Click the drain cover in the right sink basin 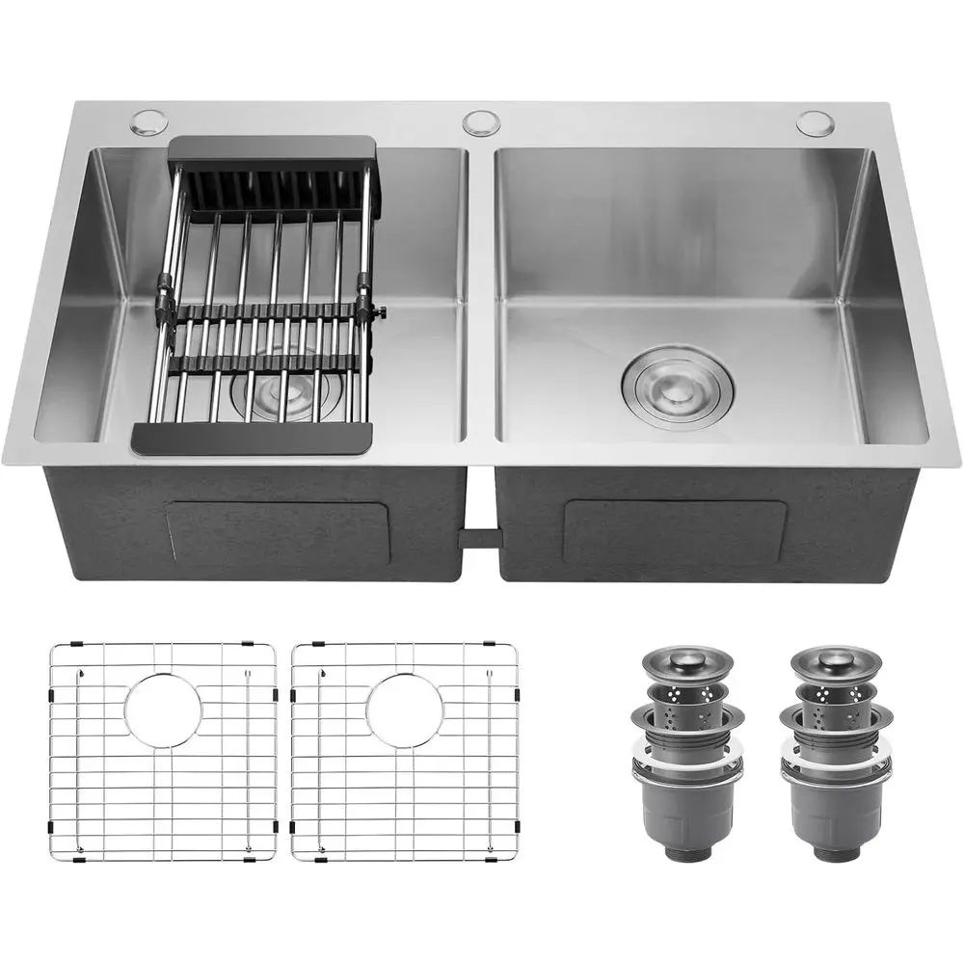677,388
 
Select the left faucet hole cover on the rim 149,121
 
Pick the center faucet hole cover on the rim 481,123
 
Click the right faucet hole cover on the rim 815,122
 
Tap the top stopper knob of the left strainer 687,662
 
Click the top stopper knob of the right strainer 835,662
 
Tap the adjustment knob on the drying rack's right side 382,312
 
